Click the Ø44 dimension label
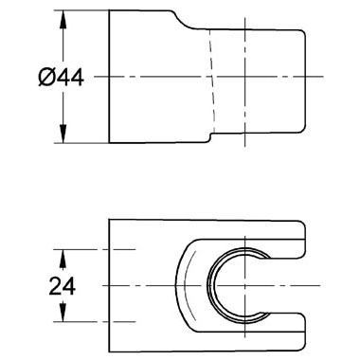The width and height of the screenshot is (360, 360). click(61, 78)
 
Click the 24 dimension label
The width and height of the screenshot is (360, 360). click(63, 286)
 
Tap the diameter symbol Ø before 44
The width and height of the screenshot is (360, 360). click(46, 78)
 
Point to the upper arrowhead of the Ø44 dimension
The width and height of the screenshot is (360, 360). click(63, 21)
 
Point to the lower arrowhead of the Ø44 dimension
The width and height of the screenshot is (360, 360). click(63, 134)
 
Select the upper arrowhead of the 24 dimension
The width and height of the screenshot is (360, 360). click(63, 260)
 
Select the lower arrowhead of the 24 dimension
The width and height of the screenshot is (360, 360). click(63, 312)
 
